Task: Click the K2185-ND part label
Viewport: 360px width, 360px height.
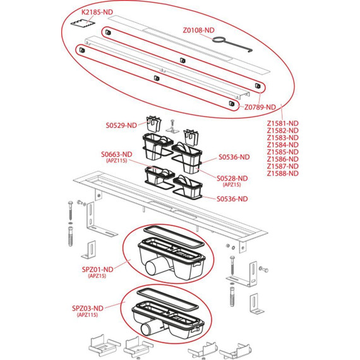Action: pyautogui.click(x=97, y=12)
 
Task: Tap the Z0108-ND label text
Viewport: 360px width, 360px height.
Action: pyautogui.click(x=198, y=30)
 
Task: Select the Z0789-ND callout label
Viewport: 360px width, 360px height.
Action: pyautogui.click(x=260, y=107)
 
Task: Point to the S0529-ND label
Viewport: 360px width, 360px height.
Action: pyautogui.click(x=121, y=125)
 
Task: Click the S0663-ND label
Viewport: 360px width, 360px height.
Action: pyautogui.click(x=117, y=154)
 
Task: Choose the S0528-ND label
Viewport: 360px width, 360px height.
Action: pyautogui.click(x=232, y=178)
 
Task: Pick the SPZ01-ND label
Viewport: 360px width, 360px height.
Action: pyautogui.click(x=97, y=270)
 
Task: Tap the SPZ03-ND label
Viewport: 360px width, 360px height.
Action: pyautogui.click(x=88, y=308)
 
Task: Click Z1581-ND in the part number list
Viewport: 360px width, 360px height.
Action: pyautogui.click(x=282, y=124)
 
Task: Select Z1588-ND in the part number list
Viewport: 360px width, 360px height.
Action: pyautogui.click(x=282, y=173)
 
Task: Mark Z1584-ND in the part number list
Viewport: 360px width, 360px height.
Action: pyautogui.click(x=282, y=145)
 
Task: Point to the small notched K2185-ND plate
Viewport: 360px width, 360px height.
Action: pyautogui.click(x=83, y=23)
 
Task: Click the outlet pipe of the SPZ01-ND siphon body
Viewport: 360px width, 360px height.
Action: pyautogui.click(x=154, y=267)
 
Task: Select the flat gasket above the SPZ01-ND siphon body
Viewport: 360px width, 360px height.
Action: pyautogui.click(x=174, y=236)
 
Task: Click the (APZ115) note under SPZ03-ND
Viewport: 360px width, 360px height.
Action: pyautogui.click(x=87, y=315)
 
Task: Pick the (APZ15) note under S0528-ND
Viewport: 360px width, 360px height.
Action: pyautogui.click(x=232, y=184)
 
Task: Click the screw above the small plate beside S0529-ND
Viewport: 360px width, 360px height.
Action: pyautogui.click(x=172, y=124)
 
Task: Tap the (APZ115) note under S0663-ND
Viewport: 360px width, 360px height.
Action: pyautogui.click(x=117, y=160)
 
